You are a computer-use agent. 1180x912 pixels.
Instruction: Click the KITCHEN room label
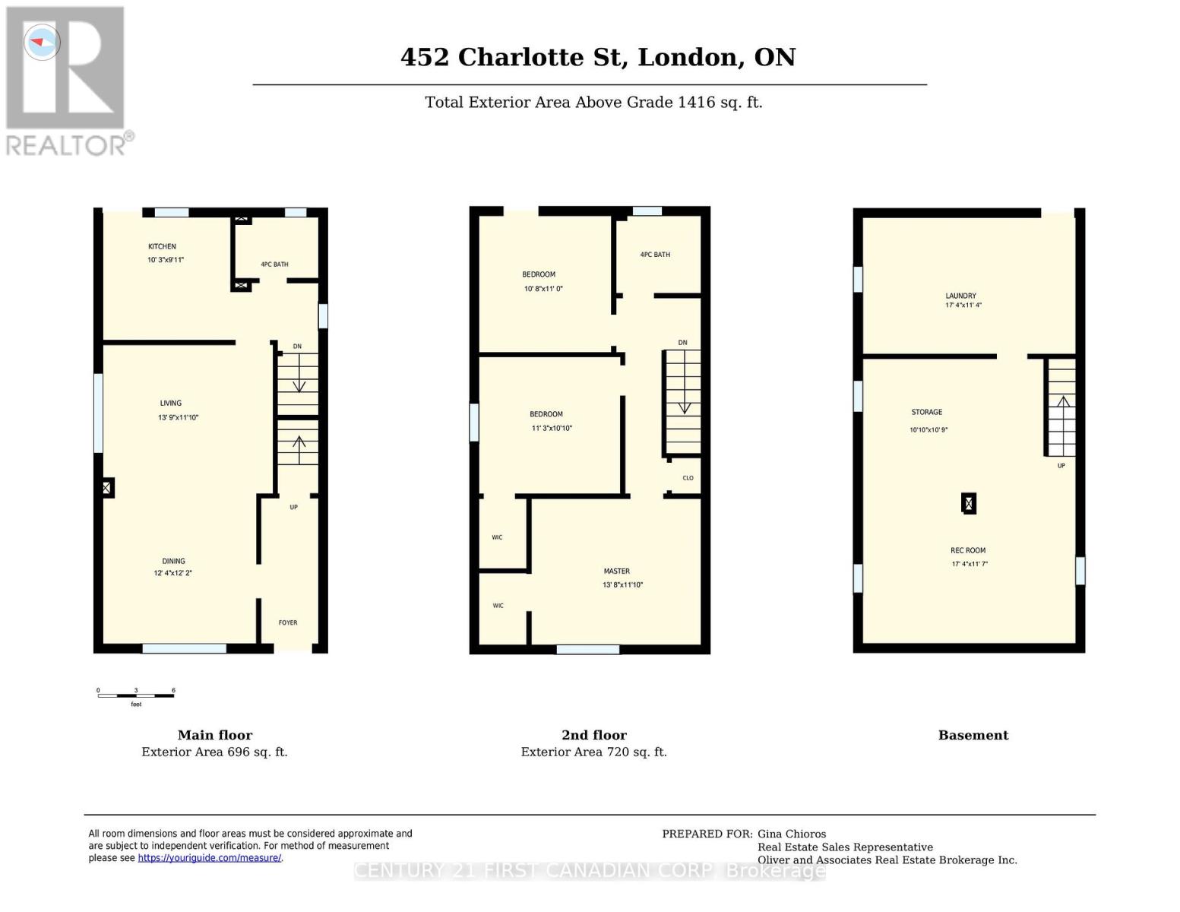pyautogui.click(x=162, y=246)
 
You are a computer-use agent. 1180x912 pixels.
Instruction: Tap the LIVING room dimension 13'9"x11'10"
pyautogui.click(x=178, y=417)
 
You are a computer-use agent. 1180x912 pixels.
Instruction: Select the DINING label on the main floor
pyautogui.click(x=173, y=561)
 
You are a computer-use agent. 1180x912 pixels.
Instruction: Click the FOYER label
pyautogui.click(x=288, y=622)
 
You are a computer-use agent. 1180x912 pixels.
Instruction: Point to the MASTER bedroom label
pyautogui.click(x=616, y=571)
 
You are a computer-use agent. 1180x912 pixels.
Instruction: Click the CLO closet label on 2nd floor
pyautogui.click(x=688, y=478)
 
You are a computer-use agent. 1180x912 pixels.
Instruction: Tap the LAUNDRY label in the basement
pyautogui.click(x=960, y=296)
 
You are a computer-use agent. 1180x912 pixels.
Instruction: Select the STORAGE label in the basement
pyautogui.click(x=926, y=412)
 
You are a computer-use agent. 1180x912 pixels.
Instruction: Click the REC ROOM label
pyautogui.click(x=967, y=550)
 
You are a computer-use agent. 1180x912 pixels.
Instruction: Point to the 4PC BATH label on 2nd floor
pyautogui.click(x=655, y=255)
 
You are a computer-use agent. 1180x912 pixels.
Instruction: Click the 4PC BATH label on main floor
pyautogui.click(x=274, y=264)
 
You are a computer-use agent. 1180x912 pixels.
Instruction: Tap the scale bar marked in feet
pyautogui.click(x=136, y=695)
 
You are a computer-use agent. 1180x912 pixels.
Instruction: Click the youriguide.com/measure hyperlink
pyautogui.click(x=210, y=858)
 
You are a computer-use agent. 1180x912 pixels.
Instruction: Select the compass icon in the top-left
pyautogui.click(x=42, y=42)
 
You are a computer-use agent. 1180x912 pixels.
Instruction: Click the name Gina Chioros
pyautogui.click(x=791, y=834)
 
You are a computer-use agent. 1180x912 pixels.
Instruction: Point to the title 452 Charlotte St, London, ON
pyautogui.click(x=598, y=57)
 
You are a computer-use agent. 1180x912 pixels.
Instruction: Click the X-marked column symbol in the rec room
pyautogui.click(x=968, y=503)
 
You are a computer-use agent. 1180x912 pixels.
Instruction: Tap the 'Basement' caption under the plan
pyautogui.click(x=973, y=735)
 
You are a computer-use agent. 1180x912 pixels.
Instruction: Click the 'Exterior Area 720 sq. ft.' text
pyautogui.click(x=593, y=752)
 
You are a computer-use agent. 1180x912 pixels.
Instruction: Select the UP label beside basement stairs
pyautogui.click(x=1061, y=465)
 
